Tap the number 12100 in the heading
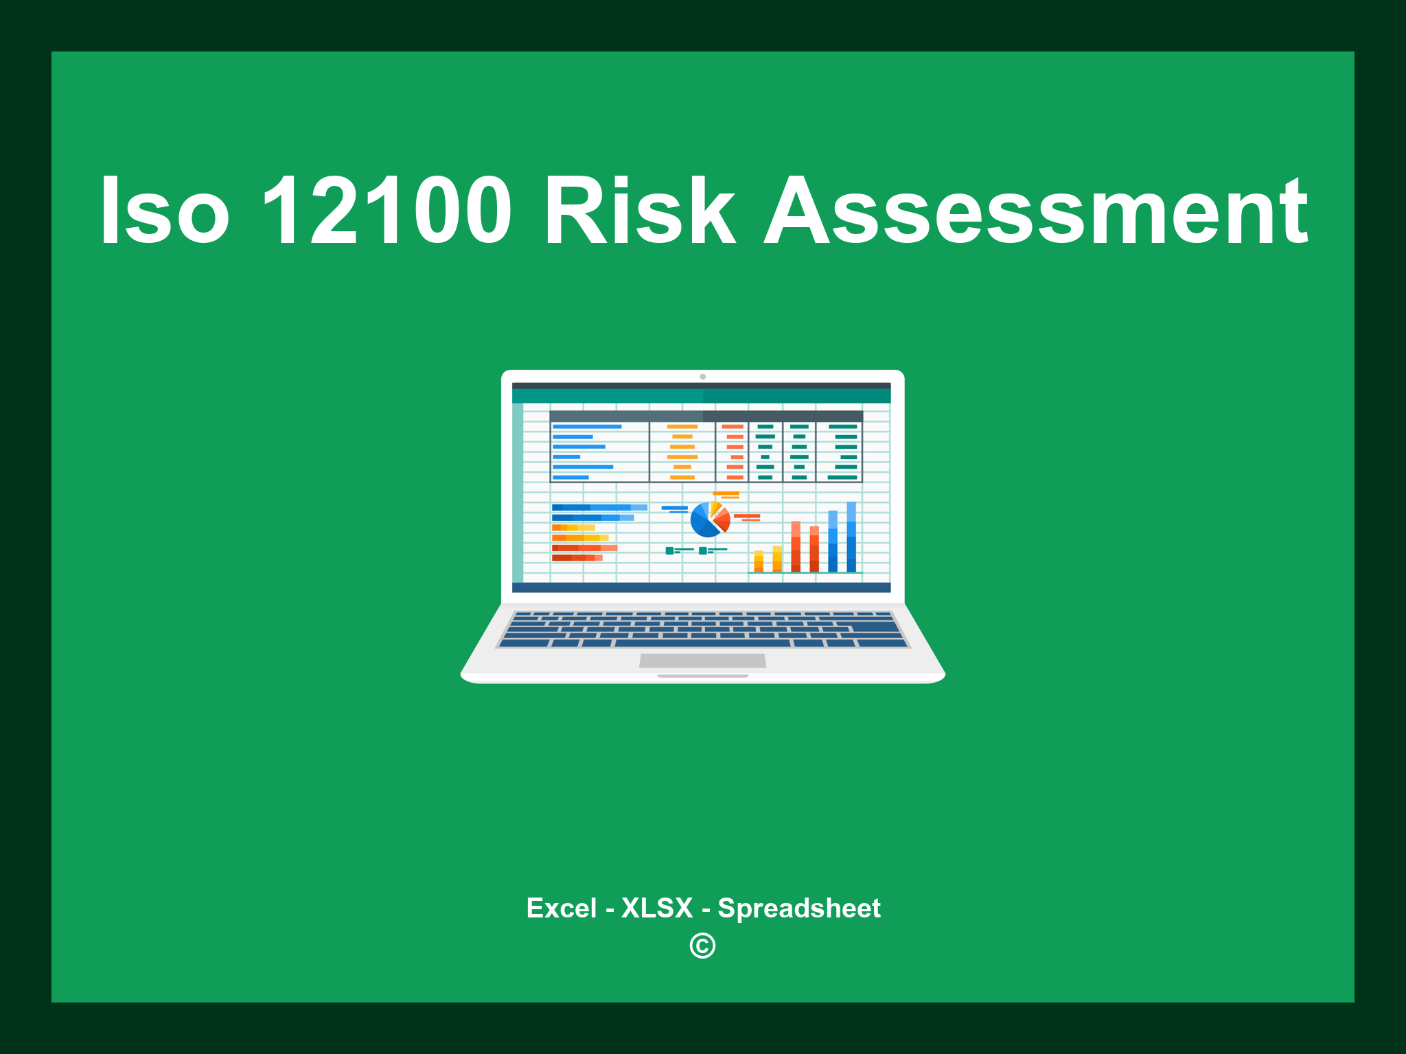387,211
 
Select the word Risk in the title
639,211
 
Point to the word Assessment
1035,211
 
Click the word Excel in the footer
561,908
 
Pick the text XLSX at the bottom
657,908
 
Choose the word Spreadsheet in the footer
798,908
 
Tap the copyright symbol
702,946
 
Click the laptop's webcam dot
702,377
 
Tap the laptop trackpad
702,660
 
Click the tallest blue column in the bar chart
851,537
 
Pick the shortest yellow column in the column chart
759,561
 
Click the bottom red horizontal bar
577,558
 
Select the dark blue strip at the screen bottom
701,587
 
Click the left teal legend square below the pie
669,550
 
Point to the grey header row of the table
706,416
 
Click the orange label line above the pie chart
726,493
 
